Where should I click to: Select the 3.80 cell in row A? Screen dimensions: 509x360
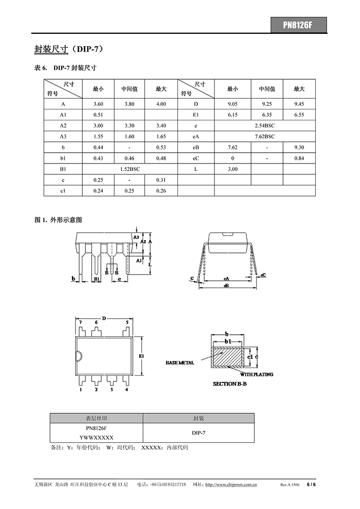tap(130, 104)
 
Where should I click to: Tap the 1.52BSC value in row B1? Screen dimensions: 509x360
tap(130, 169)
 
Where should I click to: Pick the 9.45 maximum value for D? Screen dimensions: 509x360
tap(299, 104)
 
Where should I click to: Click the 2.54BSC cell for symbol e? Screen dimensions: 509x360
tap(264, 125)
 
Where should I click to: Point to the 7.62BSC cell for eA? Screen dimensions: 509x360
tap(264, 136)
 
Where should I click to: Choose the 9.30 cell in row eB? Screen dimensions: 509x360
tap(299, 147)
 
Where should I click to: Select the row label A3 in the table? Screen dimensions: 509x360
tap(63, 136)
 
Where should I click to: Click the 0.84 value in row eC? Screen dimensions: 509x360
tap(299, 158)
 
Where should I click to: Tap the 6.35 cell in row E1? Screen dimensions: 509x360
tap(267, 115)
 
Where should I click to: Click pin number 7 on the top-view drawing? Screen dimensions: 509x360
tap(81, 322)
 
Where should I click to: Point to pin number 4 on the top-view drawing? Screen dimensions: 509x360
tap(127, 390)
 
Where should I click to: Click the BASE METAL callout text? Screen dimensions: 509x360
tap(180, 363)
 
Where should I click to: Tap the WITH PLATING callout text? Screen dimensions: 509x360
tap(256, 374)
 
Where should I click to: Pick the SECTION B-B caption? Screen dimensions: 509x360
tap(230, 384)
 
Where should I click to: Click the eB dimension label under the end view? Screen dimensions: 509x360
tap(226, 285)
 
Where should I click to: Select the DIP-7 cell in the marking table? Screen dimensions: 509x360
tap(199, 433)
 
